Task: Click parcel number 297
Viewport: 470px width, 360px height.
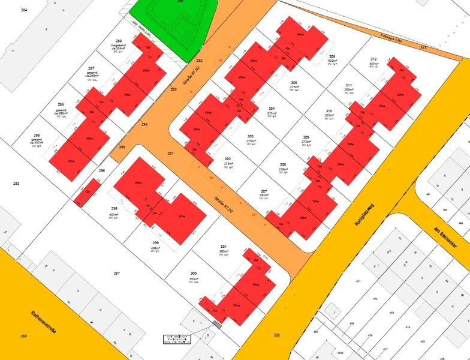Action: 116,273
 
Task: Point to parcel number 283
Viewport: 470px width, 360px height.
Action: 16,184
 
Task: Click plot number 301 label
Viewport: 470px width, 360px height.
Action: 223,247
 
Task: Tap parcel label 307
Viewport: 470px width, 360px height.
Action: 264,191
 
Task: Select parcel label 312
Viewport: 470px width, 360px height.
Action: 373,59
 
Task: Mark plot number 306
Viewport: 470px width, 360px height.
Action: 332,56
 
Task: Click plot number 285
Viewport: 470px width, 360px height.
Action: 37,136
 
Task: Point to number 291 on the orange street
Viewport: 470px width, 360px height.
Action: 170,154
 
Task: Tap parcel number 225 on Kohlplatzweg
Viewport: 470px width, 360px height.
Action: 276,335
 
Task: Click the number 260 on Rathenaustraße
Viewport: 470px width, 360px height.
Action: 23,336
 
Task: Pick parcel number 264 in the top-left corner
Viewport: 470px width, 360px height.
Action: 23,11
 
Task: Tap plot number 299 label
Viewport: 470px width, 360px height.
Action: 155,242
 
